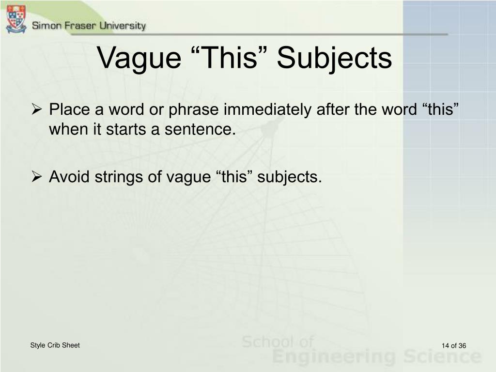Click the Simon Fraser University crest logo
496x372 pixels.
[16, 19]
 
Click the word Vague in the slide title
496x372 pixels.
[139, 59]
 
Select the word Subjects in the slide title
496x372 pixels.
[334, 59]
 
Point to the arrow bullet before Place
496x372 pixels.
[37, 109]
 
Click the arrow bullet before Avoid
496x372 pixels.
[37, 176]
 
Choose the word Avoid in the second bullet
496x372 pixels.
[69, 176]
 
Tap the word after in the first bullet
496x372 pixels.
[333, 109]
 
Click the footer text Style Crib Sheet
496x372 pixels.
[55, 345]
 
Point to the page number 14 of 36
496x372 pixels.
[454, 345]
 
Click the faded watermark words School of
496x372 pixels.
[278, 341]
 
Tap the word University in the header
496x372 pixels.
[123, 26]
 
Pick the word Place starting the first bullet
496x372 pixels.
[70, 109]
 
